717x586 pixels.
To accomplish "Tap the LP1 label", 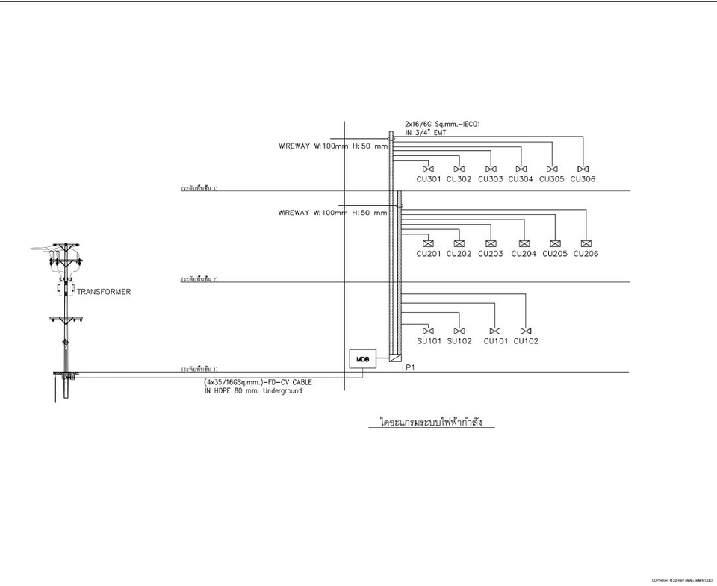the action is pos(407,368).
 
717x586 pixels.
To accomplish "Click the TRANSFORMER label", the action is pos(104,292).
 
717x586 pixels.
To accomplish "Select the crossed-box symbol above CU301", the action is pos(428,169).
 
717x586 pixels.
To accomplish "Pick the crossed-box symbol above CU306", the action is pos(583,169).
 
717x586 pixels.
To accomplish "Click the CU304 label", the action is pos(521,179).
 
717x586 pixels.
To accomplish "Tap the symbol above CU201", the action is pos(428,243).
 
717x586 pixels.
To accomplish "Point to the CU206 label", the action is pos(586,254).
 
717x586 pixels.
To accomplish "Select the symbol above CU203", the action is pos(490,243).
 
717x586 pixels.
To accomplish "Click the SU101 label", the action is pos(429,341).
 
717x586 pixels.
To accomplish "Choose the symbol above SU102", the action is pos(459,331).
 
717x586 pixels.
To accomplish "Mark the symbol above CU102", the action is pos(526,331).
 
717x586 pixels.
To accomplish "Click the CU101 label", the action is pos(495,341).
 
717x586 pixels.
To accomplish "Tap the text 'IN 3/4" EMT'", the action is pos(426,132).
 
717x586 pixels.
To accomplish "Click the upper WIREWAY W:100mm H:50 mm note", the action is pos(333,146).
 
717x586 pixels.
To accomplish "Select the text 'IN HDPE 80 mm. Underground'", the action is pos(252,390).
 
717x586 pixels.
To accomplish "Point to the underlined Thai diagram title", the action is pos(431,423).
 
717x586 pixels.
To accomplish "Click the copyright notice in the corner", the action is pos(682,580).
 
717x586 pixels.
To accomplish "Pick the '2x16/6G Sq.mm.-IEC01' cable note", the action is pos(438,123).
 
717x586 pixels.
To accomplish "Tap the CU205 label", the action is pos(555,254).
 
